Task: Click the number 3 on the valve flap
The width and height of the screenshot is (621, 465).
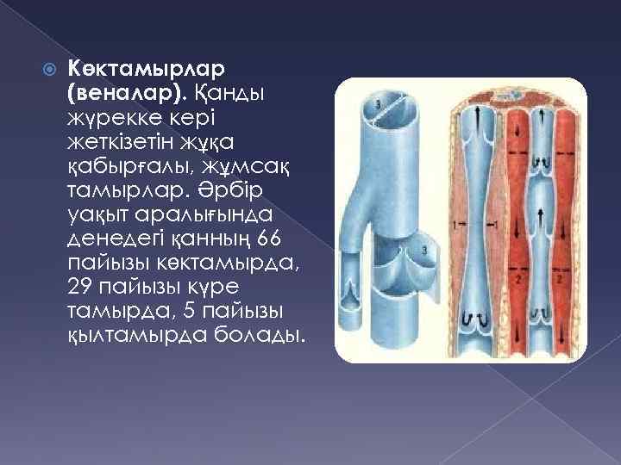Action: pyautogui.click(x=425, y=250)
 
